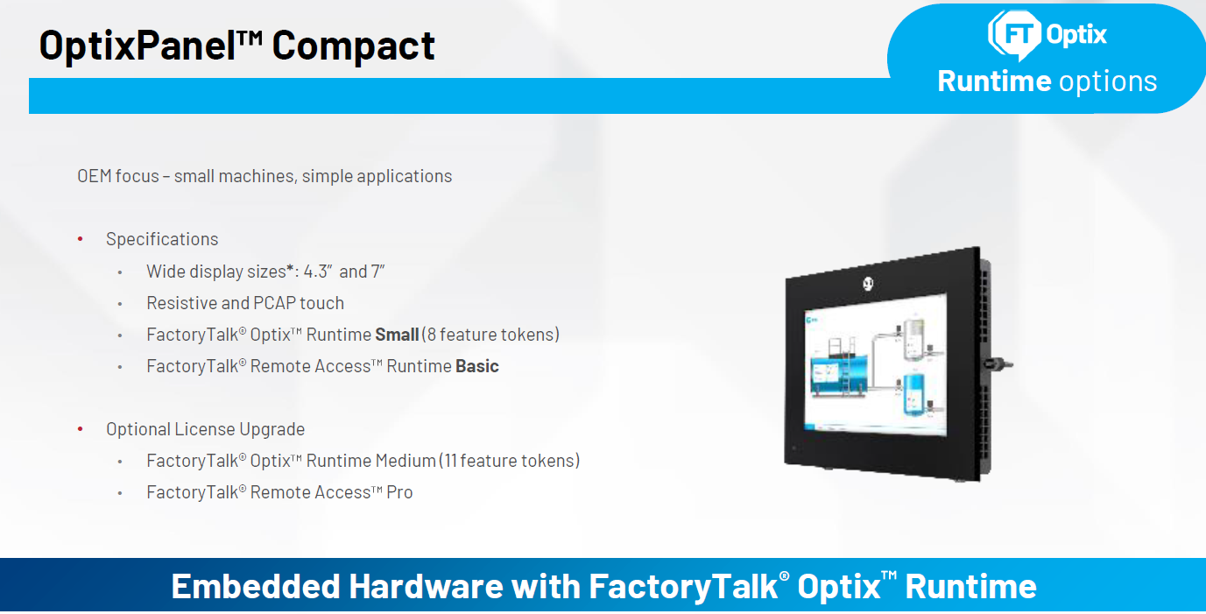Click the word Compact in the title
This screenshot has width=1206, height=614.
tap(353, 46)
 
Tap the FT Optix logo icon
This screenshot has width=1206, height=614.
tap(1014, 33)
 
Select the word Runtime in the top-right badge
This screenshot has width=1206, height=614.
tap(993, 81)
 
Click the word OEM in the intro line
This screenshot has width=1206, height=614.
tap(94, 176)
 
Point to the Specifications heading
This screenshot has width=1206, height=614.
tap(162, 239)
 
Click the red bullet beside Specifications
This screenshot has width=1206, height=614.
tap(81, 239)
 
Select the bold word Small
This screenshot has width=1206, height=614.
tap(397, 335)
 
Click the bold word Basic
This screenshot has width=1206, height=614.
tap(477, 366)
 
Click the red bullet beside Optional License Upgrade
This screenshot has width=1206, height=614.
tap(81, 429)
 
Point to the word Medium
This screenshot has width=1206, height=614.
tap(406, 461)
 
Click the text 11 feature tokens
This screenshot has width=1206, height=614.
tap(511, 461)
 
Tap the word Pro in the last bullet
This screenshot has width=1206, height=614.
tap(399, 492)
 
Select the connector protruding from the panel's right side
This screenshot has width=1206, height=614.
tap(997, 363)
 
